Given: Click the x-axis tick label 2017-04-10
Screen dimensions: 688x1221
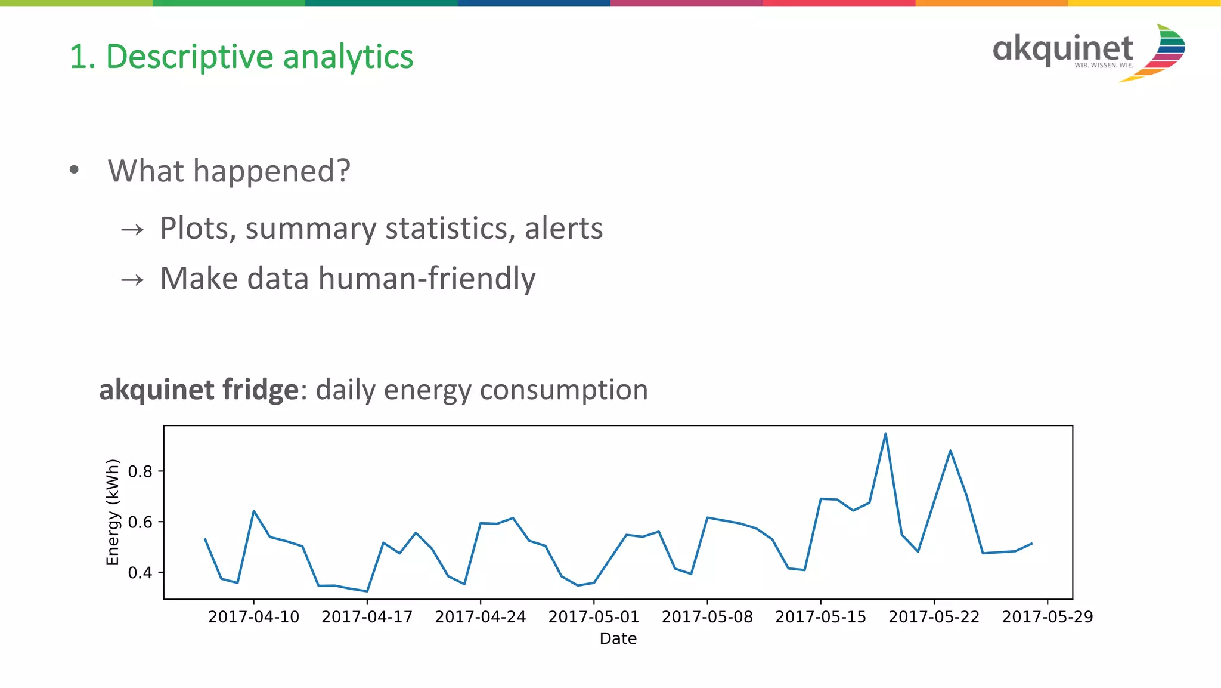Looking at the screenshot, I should [253, 617].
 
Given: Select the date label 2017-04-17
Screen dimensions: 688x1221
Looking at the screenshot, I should [367, 617].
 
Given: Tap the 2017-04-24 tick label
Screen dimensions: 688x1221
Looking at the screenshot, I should [481, 617].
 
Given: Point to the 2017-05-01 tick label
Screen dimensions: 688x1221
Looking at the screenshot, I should [594, 617].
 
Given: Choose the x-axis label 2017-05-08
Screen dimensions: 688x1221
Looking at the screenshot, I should [707, 617].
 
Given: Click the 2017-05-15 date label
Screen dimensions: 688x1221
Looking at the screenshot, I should [820, 617].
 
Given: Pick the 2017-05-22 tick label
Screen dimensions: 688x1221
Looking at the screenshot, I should [934, 617].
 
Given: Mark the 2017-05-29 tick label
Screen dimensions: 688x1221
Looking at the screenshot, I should [1048, 617].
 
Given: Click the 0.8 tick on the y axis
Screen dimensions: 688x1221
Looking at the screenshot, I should [140, 472].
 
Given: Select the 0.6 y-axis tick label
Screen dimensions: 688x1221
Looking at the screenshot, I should [140, 523].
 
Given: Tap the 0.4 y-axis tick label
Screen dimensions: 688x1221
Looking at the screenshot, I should [140, 573].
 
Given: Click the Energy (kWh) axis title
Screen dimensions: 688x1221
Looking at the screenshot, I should [113, 512].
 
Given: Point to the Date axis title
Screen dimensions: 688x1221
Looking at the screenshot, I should [618, 639].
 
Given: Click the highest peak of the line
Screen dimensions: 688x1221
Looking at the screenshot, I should [885, 434].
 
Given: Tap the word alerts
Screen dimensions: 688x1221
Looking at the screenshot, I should [563, 229].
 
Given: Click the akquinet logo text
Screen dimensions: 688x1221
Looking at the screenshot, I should [1062, 50].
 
